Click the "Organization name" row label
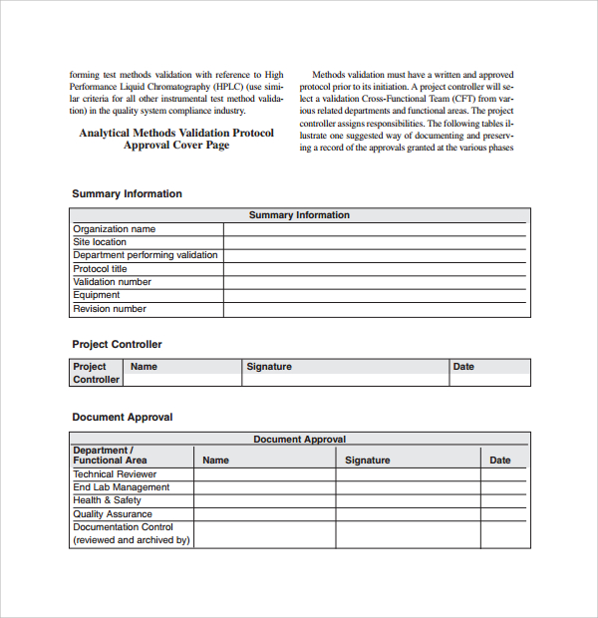[114, 229]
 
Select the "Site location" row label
[100, 242]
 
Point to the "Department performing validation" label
[146, 255]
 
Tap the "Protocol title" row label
[100, 269]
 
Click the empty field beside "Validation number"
[375, 282]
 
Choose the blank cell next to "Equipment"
[375, 295]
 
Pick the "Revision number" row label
[110, 309]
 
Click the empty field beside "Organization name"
[375, 229]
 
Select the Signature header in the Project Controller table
[269, 367]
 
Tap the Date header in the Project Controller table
[463, 367]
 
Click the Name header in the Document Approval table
[215, 461]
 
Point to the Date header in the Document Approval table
[500, 461]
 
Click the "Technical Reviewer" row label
[115, 474]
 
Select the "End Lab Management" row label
[121, 487]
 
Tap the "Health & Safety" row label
[107, 500]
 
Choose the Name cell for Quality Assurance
[264, 514]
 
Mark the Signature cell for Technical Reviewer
[409, 474]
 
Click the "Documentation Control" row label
[123, 527]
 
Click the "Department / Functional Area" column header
[110, 456]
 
